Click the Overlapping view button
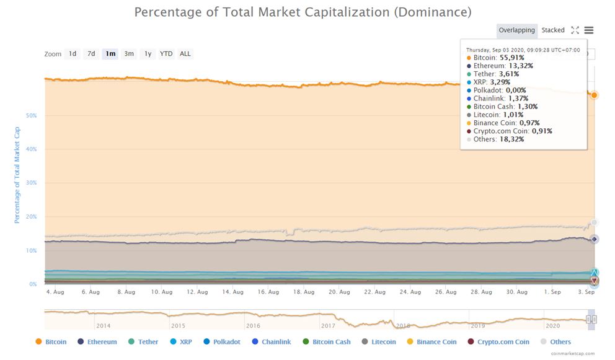coord(516,30)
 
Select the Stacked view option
coord(553,30)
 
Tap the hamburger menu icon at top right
coord(589,30)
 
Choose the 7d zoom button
coord(91,54)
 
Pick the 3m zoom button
coord(129,54)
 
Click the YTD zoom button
coord(166,54)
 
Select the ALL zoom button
coord(185,54)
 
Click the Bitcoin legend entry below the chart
coord(51,341)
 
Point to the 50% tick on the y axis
coord(31,116)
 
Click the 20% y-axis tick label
coord(31,217)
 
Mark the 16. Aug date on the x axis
coord(268,292)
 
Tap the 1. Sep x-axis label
coord(552,292)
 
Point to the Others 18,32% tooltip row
coord(498,139)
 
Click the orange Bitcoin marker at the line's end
coord(594,95)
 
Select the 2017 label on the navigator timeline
coord(328,325)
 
